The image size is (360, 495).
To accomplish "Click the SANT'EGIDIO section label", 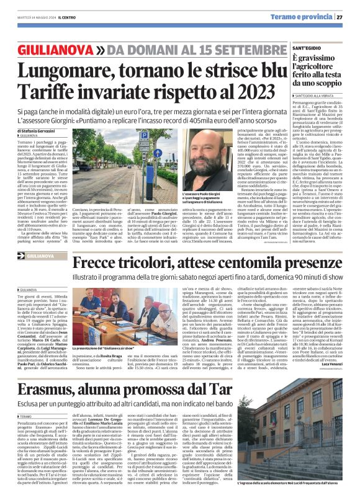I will (305, 47).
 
